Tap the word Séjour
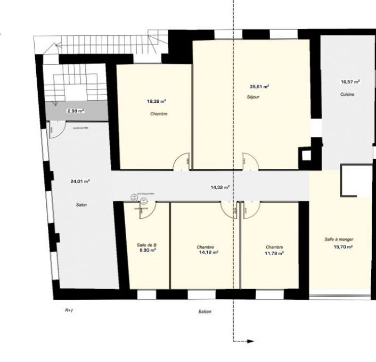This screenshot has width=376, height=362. point(253,97)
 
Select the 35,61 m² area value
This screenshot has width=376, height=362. point(259,86)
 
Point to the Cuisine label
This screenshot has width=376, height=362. point(348,94)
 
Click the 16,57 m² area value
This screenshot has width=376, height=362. point(350,82)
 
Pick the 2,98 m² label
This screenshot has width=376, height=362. point(75,111)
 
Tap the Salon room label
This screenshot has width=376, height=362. point(81,205)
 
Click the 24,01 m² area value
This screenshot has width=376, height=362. point(80,181)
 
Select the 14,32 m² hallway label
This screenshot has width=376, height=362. point(220,187)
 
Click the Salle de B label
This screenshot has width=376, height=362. point(147,245)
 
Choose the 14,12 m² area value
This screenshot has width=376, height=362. point(209,252)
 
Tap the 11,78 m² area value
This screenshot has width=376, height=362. point(274,253)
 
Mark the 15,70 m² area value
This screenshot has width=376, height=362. point(342,247)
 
